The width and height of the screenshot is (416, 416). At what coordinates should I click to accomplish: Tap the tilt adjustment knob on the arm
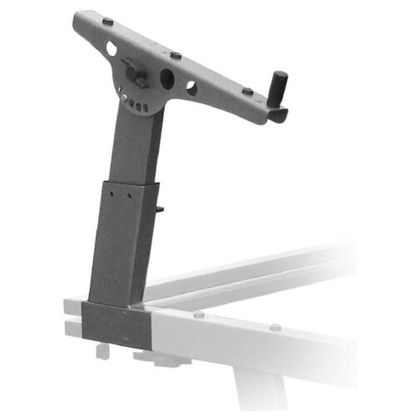pyautogui.click(x=136, y=71)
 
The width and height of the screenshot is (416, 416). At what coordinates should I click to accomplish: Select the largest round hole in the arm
pyautogui.click(x=168, y=78)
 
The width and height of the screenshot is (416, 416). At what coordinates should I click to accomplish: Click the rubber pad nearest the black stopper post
pyautogui.click(x=248, y=91)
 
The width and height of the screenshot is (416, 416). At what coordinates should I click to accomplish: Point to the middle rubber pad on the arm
pyautogui.click(x=175, y=55)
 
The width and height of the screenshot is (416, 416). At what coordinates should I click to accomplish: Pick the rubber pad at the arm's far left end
pyautogui.click(x=107, y=21)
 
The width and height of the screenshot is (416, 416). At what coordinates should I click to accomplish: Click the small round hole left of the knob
pyautogui.click(x=112, y=49)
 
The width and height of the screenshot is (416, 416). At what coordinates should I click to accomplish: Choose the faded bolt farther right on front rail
pyautogui.click(x=275, y=326)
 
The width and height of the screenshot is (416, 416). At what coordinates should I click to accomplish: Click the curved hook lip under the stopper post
pyautogui.click(x=278, y=116)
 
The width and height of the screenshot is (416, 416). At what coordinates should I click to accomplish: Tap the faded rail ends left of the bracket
pyautogui.click(x=74, y=317)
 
